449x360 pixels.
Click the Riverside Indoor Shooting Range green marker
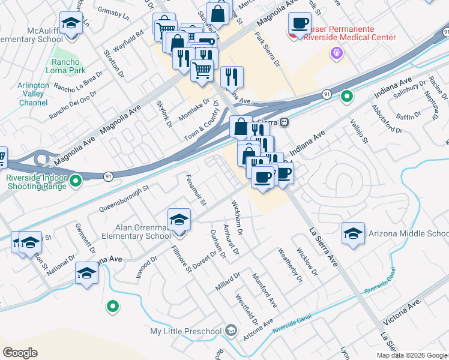pyautogui.click(x=76, y=179)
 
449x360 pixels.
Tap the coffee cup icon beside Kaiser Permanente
pyautogui.click(x=300, y=24)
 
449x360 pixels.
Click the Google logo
pyautogui.click(x=20, y=352)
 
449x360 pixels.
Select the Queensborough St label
pyautogui.click(x=122, y=199)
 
